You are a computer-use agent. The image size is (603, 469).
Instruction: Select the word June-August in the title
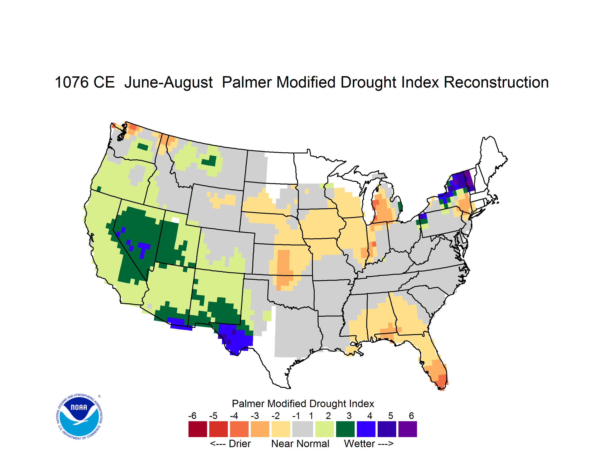[x=168, y=83]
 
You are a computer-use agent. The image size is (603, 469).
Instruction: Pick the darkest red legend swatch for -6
[x=198, y=429]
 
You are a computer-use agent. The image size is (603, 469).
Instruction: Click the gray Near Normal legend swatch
[x=303, y=429]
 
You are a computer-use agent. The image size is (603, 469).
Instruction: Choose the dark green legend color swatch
[x=345, y=429]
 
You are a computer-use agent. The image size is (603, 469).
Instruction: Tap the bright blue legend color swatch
[x=366, y=429]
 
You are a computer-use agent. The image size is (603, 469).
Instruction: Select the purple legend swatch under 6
[x=408, y=429]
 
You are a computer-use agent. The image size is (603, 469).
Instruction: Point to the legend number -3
[x=255, y=416]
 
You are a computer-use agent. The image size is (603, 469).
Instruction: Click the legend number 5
[x=391, y=416]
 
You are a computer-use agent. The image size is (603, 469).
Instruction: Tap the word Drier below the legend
[x=240, y=444]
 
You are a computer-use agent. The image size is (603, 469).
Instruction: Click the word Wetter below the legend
[x=359, y=444]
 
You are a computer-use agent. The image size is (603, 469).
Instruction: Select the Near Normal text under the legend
[x=300, y=444]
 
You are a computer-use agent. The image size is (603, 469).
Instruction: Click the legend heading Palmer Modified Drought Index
[x=303, y=404]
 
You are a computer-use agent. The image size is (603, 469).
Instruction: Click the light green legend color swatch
[x=325, y=429]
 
